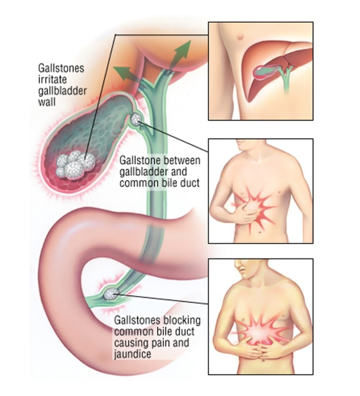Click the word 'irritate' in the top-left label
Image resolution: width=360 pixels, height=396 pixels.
click(x=52, y=79)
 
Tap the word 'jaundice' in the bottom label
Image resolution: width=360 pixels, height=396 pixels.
click(x=132, y=354)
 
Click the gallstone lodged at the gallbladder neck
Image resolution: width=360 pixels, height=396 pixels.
click(x=136, y=119)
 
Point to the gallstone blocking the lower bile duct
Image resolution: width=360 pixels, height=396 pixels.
click(x=111, y=294)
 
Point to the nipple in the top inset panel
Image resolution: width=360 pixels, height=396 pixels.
click(x=240, y=37)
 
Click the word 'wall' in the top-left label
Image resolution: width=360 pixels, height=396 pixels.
click(x=47, y=102)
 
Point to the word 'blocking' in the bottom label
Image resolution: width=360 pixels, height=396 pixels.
click(x=182, y=321)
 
